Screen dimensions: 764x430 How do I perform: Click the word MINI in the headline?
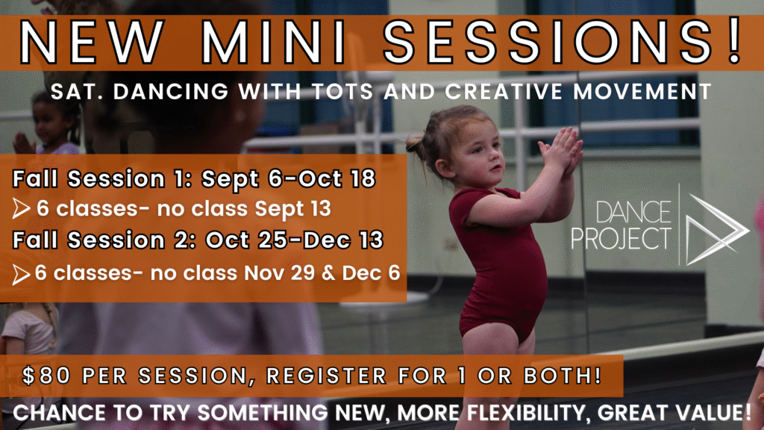[273, 42]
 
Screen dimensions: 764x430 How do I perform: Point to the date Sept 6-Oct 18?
[289, 178]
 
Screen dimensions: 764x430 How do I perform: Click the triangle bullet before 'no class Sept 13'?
[21, 209]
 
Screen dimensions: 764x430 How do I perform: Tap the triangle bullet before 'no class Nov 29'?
[21, 274]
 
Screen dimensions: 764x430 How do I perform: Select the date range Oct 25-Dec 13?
[294, 240]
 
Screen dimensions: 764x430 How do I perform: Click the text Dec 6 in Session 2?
[371, 273]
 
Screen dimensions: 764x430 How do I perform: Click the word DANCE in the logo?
[633, 213]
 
